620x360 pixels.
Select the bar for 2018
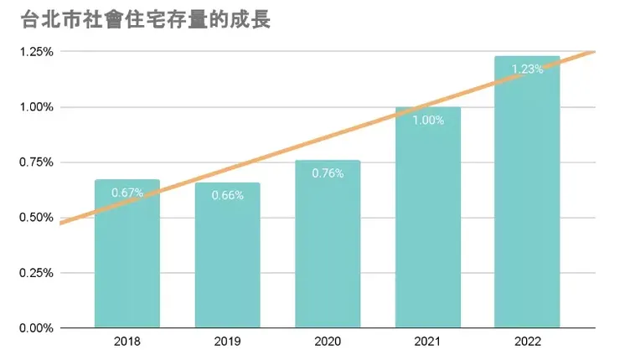point(127,260)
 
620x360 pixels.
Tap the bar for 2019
point(227,260)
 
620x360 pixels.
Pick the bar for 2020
point(328,251)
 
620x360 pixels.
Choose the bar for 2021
point(427,226)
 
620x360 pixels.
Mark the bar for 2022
point(527,201)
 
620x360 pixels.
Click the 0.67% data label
point(127,193)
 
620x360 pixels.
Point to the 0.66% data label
point(227,196)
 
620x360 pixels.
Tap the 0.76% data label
point(328,173)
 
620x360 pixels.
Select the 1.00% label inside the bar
point(427,120)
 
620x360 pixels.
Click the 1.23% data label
point(527,69)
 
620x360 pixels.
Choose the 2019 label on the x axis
point(227,342)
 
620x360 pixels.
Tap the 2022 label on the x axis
point(527,342)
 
